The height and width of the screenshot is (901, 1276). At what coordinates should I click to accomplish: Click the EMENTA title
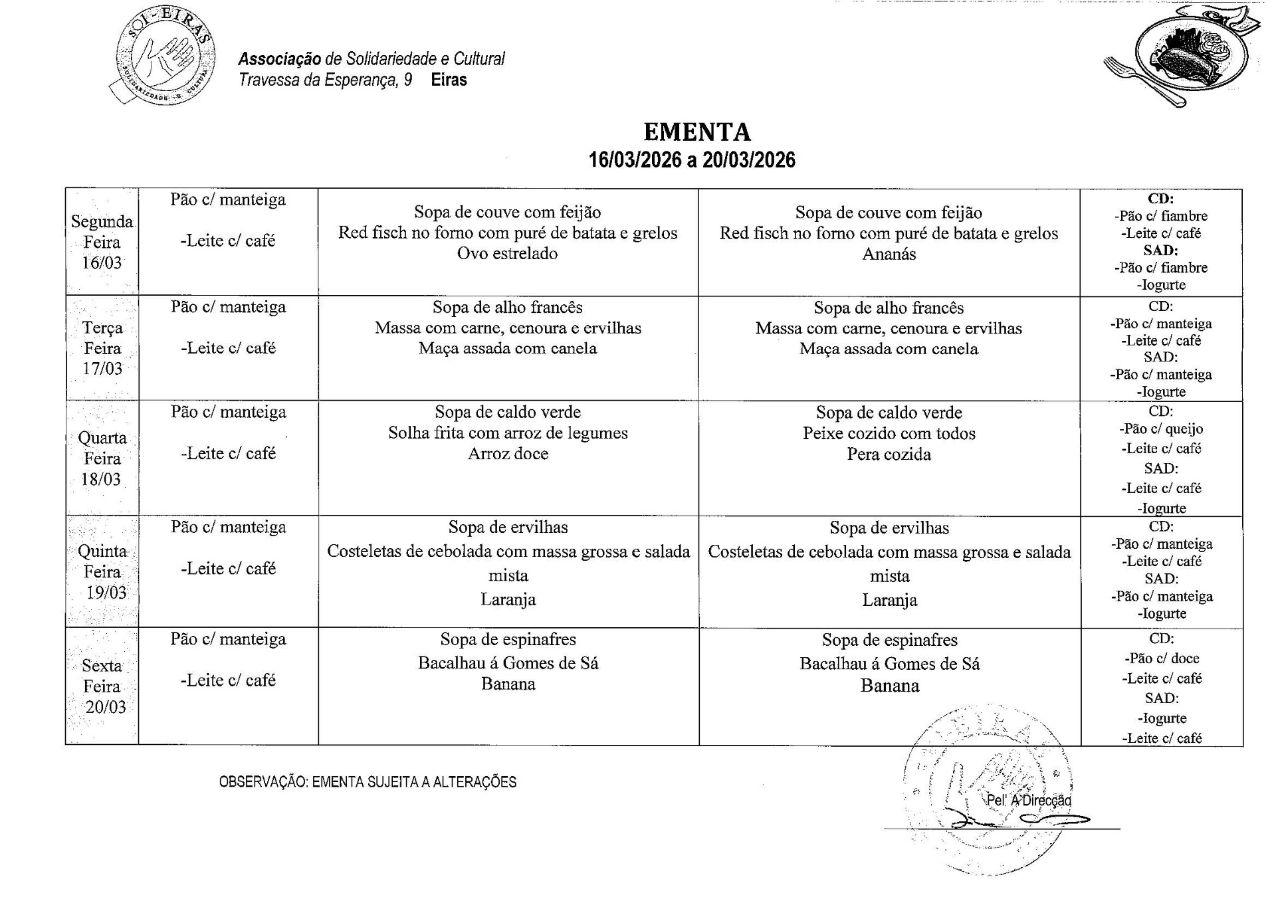[x=697, y=132]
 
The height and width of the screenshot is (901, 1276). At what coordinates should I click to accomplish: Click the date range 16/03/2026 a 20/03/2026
[x=692, y=160]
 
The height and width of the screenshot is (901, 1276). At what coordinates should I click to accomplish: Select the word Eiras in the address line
[x=449, y=80]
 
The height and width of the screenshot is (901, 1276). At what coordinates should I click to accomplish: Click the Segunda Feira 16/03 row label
[x=102, y=242]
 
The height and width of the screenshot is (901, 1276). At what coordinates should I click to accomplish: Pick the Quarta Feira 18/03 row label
[x=102, y=458]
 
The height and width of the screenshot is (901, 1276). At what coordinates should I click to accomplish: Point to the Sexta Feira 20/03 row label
[x=102, y=686]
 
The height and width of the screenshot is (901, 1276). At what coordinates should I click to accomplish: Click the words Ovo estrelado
[x=507, y=254]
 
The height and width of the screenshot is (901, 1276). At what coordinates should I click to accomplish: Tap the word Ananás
[x=889, y=254]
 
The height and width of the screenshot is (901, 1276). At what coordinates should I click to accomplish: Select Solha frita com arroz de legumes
[x=508, y=433]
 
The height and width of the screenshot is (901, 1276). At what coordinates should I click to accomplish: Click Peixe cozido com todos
[x=889, y=434]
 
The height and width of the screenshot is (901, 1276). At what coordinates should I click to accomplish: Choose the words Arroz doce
[x=508, y=454]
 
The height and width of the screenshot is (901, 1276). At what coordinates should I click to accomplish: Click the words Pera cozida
[x=889, y=454]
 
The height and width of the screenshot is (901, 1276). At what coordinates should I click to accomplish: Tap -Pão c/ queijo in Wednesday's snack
[x=1161, y=429]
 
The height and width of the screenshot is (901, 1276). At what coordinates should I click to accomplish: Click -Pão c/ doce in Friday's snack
[x=1162, y=658]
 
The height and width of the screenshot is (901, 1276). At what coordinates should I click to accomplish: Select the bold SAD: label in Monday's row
[x=1160, y=250]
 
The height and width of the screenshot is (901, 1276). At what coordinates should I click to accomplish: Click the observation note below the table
[x=368, y=782]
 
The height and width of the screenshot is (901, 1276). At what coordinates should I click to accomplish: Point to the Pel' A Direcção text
[x=1029, y=800]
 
